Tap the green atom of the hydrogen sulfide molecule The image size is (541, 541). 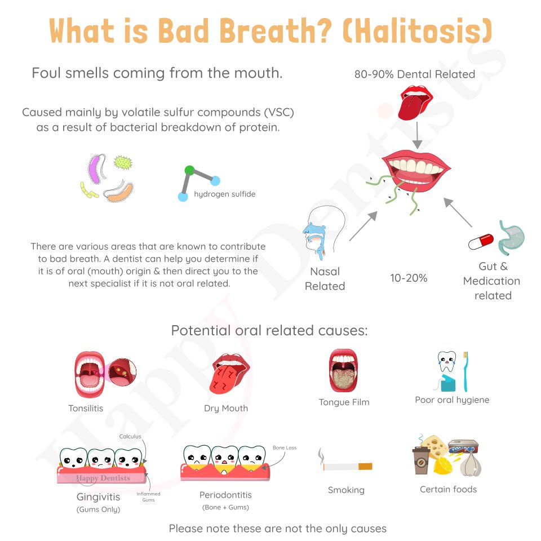pyautogui.click(x=189, y=170)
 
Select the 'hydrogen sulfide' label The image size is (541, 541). pyautogui.click(x=225, y=194)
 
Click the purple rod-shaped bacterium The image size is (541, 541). pyautogui.click(x=94, y=168)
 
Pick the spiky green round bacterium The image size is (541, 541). pyautogui.click(x=123, y=162)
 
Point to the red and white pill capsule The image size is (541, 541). pyautogui.click(x=481, y=241)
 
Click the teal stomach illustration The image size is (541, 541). pyautogui.click(x=511, y=238)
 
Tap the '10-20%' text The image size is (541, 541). pyautogui.click(x=409, y=278)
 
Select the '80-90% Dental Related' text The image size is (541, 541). pyautogui.click(x=415, y=74)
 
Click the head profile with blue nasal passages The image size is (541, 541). pyautogui.click(x=323, y=232)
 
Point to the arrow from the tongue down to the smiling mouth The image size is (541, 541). pyautogui.click(x=417, y=135)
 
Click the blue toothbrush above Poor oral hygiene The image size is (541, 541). pyautogui.click(x=465, y=371)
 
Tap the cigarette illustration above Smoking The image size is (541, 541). pyautogui.click(x=345, y=464)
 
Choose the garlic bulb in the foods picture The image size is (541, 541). pyautogui.click(x=471, y=463)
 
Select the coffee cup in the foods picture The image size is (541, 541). pyautogui.click(x=421, y=460)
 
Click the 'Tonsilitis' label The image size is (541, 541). pyautogui.click(x=86, y=408)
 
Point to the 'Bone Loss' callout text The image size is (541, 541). pyautogui.click(x=285, y=447)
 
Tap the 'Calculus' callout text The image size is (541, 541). pyautogui.click(x=130, y=436)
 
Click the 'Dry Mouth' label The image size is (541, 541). pyautogui.click(x=226, y=408)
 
